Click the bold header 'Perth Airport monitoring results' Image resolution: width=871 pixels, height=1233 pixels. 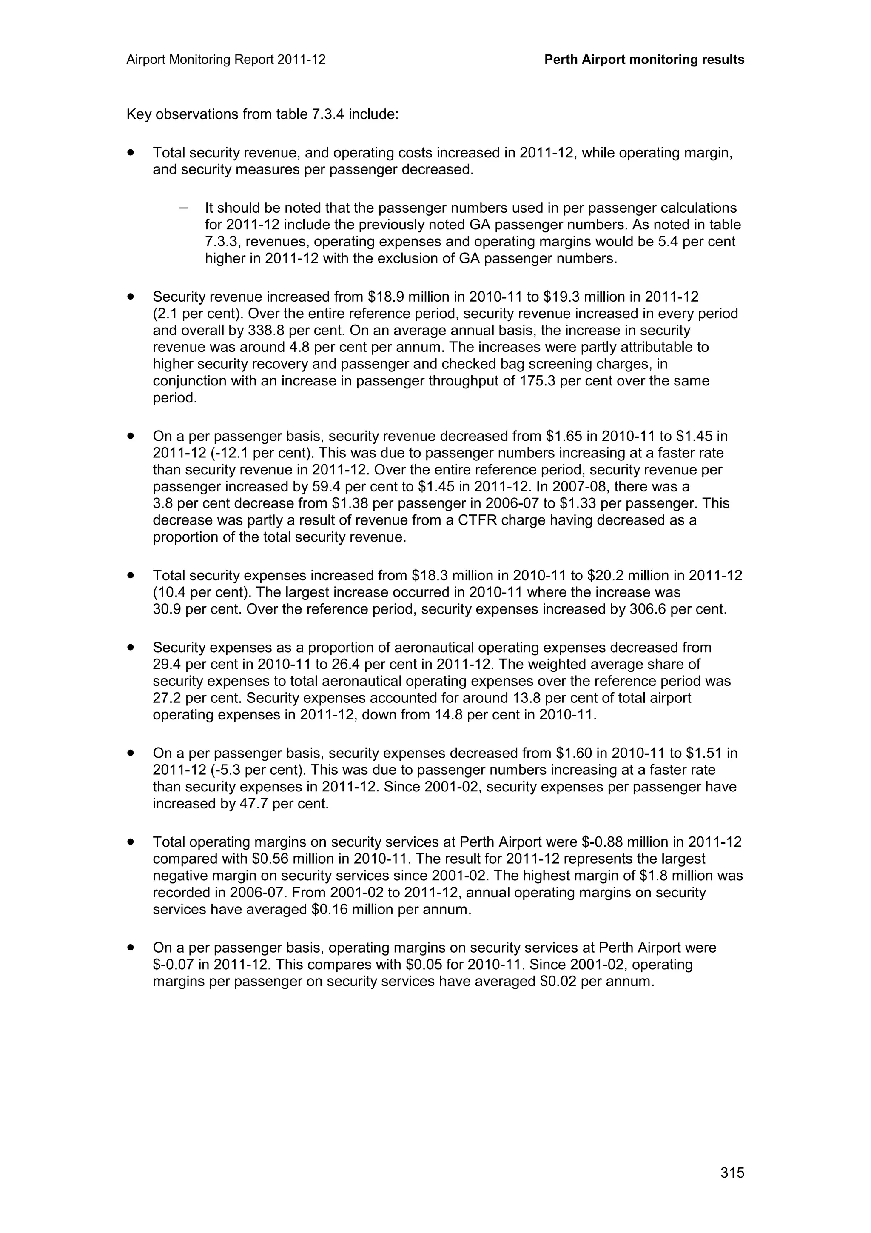[x=644, y=60]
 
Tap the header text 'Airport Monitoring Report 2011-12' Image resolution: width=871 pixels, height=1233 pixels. [x=226, y=60]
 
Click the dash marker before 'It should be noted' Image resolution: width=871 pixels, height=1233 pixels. [x=184, y=208]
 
